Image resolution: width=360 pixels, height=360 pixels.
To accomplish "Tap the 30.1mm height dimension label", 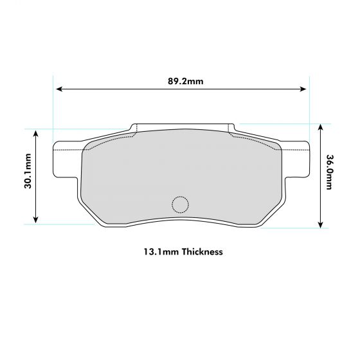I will (x=29, y=175).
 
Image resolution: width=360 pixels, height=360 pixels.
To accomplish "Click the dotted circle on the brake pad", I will (x=181, y=204).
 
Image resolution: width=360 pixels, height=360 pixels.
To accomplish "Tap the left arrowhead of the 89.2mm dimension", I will (x=59, y=89).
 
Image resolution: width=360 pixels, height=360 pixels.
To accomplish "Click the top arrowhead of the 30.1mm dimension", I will (x=37, y=132).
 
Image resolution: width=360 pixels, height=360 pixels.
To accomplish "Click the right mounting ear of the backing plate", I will (x=294, y=160).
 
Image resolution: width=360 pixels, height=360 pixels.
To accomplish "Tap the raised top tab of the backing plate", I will (x=181, y=126).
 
